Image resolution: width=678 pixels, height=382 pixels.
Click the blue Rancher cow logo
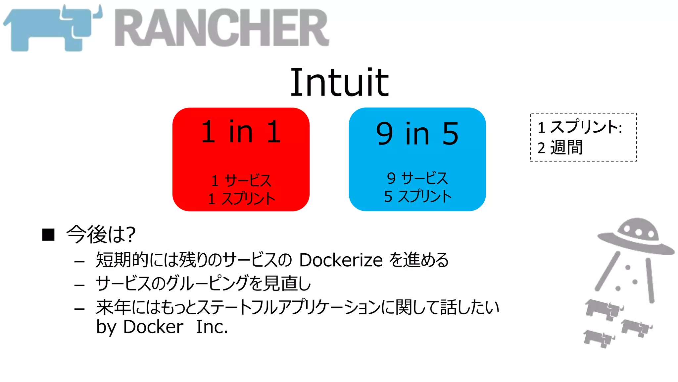pyautogui.click(x=50, y=30)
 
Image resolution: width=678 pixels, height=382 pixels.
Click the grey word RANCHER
pyautogui.click(x=222, y=28)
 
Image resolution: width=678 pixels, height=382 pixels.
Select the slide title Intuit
pyautogui.click(x=339, y=82)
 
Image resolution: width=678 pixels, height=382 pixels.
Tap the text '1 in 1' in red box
pyautogui.click(x=241, y=132)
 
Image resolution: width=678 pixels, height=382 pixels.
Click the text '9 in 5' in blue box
pyautogui.click(x=417, y=133)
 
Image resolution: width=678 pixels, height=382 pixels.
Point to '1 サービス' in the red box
pyautogui.click(x=241, y=181)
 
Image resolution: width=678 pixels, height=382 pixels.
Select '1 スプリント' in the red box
pyautogui.click(x=242, y=199)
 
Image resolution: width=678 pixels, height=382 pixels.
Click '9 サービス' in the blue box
pyautogui.click(x=417, y=178)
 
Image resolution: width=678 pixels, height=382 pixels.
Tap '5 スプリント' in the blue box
pyautogui.click(x=418, y=196)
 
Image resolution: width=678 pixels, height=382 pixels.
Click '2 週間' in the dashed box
pyautogui.click(x=560, y=148)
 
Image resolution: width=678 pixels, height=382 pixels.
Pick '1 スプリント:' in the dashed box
pyautogui.click(x=580, y=127)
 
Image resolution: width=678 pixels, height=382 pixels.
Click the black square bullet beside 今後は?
pyautogui.click(x=48, y=235)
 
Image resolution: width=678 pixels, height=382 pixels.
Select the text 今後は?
pyautogui.click(x=101, y=234)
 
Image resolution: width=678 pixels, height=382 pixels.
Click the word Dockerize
pyautogui.click(x=341, y=260)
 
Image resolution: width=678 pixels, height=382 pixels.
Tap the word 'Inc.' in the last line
pyautogui.click(x=212, y=327)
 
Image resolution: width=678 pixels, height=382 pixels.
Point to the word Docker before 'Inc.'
pyautogui.click(x=153, y=327)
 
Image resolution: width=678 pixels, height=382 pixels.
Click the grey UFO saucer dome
pyautogui.click(x=637, y=230)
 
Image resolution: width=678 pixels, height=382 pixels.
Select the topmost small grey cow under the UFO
pyautogui.click(x=603, y=308)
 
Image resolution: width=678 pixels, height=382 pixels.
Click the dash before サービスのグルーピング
pyautogui.click(x=79, y=285)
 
